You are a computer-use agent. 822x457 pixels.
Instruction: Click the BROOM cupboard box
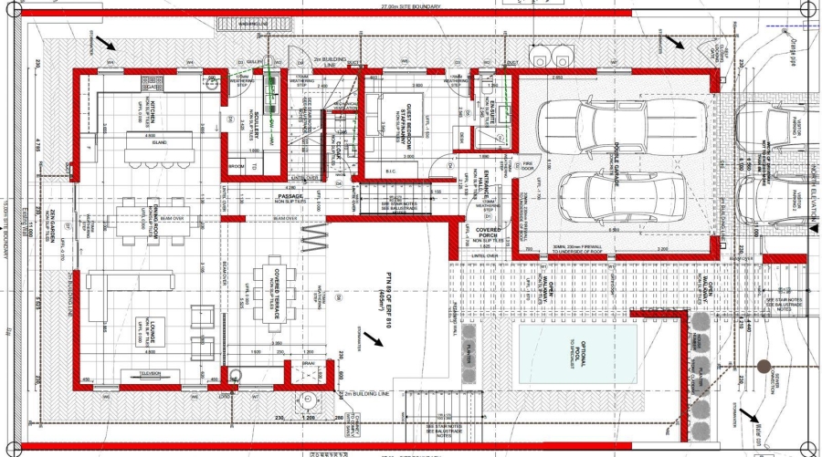click(236, 166)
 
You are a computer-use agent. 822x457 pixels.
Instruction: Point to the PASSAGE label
click(290, 196)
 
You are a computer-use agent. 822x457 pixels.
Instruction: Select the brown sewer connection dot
click(764, 367)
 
